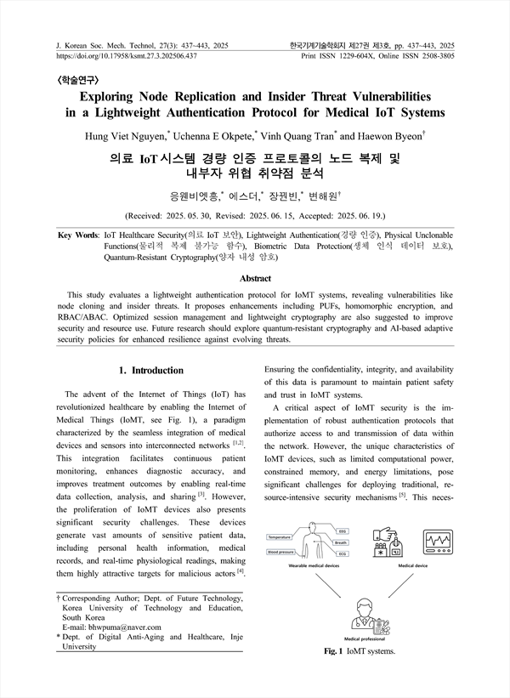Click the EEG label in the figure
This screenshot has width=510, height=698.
point(343,531)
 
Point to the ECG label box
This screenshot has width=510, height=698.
point(343,553)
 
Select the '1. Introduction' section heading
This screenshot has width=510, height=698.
point(150,371)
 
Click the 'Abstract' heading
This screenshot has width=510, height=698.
point(255,279)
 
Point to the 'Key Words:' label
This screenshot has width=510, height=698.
point(76,234)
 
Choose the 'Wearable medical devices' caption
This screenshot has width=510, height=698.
point(309,565)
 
